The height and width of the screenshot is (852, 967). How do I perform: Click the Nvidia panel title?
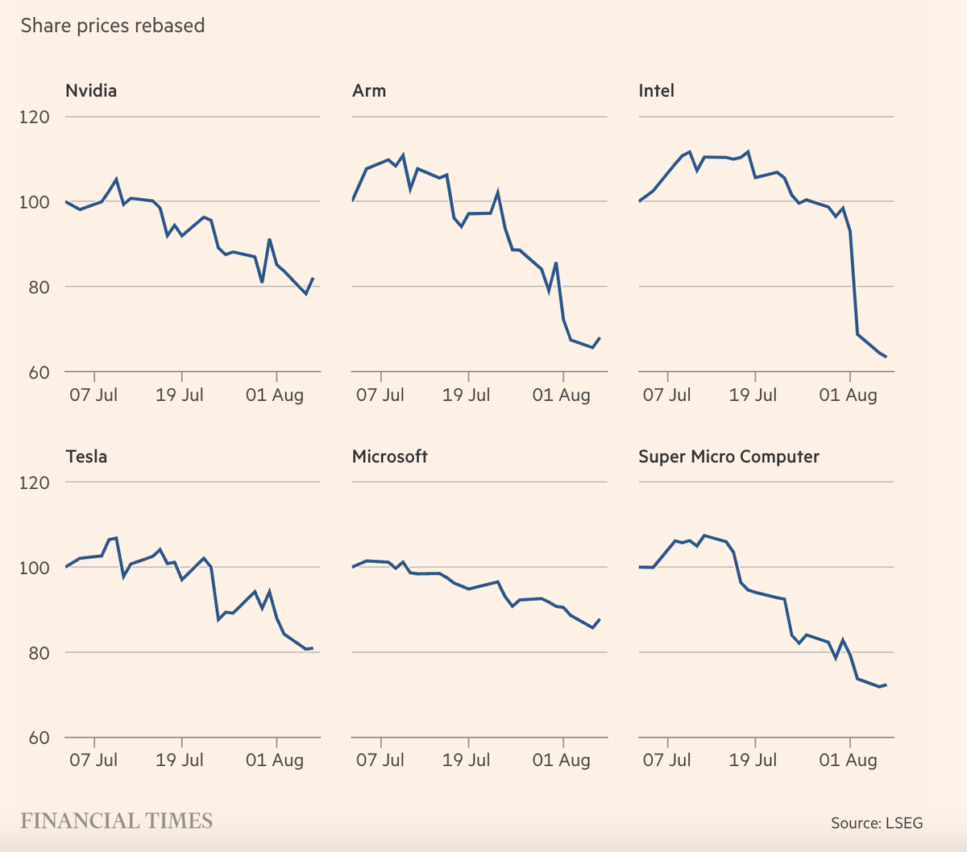click(x=91, y=90)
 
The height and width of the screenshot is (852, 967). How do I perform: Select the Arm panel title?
click(x=369, y=90)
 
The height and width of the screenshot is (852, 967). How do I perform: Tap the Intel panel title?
click(x=656, y=90)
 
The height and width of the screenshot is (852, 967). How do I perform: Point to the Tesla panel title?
click(x=86, y=457)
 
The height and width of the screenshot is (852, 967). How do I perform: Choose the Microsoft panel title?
click(x=390, y=457)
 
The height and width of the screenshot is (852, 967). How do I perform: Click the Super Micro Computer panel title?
click(x=728, y=457)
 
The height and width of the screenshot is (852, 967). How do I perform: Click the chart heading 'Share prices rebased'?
click(x=113, y=26)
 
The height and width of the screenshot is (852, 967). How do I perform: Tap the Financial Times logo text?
click(x=117, y=821)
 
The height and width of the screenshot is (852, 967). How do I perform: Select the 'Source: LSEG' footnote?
click(x=877, y=823)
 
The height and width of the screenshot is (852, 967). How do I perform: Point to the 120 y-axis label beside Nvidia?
click(x=35, y=117)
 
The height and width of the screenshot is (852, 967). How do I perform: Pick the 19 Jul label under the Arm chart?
click(x=466, y=395)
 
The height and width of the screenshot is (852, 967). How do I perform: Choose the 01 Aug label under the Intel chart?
click(x=848, y=395)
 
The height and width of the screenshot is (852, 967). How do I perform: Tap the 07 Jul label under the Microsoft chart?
click(x=380, y=760)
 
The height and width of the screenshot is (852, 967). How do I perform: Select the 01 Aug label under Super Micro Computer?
click(x=848, y=760)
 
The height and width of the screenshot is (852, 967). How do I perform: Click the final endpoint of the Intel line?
click(x=886, y=357)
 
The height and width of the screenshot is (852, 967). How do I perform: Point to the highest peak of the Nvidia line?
click(x=116, y=179)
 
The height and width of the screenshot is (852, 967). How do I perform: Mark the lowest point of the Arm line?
click(x=592, y=348)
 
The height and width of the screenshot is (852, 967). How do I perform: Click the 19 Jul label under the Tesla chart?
click(x=180, y=760)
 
